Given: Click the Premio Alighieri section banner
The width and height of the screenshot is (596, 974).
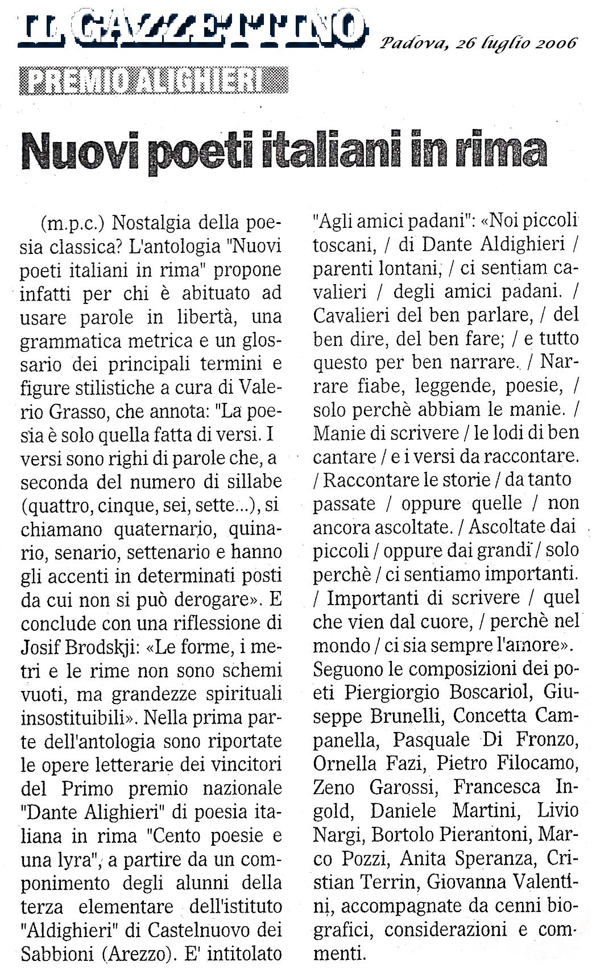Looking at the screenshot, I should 153,80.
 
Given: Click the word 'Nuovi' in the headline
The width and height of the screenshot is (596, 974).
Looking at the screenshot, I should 71,151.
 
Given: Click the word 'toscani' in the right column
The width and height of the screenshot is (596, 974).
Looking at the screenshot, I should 341,244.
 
